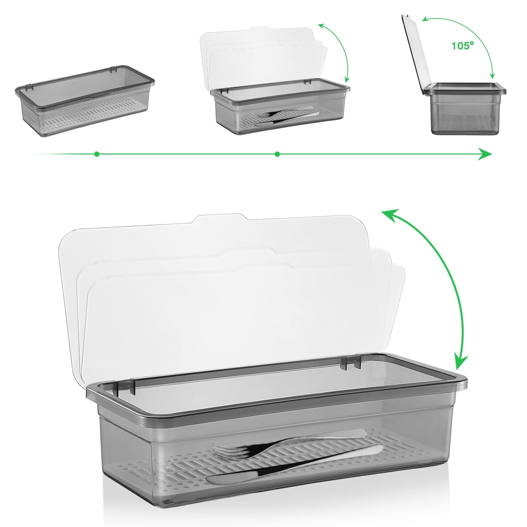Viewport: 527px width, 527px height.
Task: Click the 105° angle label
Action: tap(462, 45)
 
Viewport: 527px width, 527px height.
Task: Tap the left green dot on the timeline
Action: tap(97, 154)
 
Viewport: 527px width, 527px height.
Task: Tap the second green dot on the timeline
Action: tap(277, 154)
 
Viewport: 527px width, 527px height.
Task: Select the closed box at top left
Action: tap(85, 100)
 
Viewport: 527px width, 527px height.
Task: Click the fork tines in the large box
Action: tap(227, 451)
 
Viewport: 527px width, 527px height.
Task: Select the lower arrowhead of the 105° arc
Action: tap(493, 76)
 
